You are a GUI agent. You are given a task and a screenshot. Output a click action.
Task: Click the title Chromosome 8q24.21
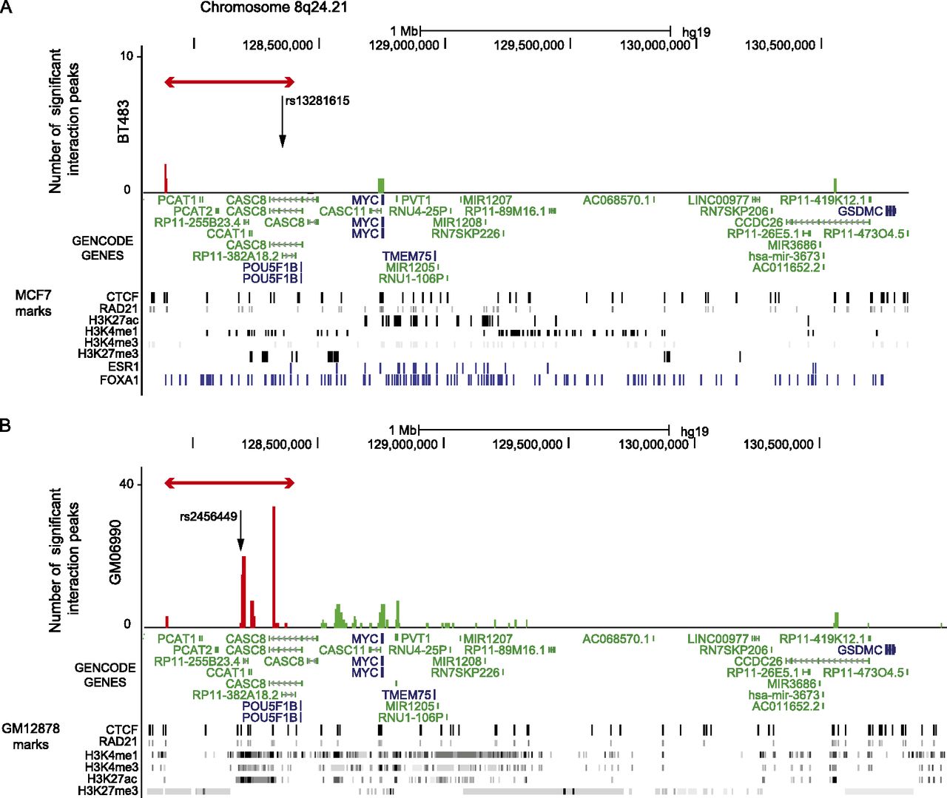(274, 7)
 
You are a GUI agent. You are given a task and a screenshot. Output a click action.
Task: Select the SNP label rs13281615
(317, 101)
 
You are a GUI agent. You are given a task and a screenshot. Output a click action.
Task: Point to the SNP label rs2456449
(209, 516)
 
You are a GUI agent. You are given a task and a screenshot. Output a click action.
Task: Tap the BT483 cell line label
(124, 121)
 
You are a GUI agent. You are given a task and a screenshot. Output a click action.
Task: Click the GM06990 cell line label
(115, 552)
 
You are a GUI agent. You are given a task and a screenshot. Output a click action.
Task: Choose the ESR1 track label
(123, 367)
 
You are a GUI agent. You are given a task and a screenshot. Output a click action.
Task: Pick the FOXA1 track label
(119, 380)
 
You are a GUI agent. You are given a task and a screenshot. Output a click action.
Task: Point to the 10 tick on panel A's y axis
(127, 56)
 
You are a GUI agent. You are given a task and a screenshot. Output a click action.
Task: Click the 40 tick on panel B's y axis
(127, 484)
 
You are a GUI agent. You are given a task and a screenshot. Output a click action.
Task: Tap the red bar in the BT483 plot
(166, 178)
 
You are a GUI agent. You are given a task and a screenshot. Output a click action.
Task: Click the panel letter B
(5, 426)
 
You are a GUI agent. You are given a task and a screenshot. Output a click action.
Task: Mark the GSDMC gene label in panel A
(860, 212)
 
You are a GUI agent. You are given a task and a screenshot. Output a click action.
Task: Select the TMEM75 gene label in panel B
(406, 695)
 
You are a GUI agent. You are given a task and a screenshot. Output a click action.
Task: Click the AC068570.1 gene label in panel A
(616, 200)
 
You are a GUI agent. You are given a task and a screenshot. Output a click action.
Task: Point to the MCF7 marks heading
(33, 303)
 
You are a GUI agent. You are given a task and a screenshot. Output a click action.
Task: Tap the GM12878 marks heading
(30, 736)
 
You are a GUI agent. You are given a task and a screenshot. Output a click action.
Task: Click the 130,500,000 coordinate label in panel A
(780, 45)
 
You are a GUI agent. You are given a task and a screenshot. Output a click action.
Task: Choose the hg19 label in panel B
(694, 431)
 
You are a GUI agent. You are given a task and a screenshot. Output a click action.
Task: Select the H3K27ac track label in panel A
(113, 320)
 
